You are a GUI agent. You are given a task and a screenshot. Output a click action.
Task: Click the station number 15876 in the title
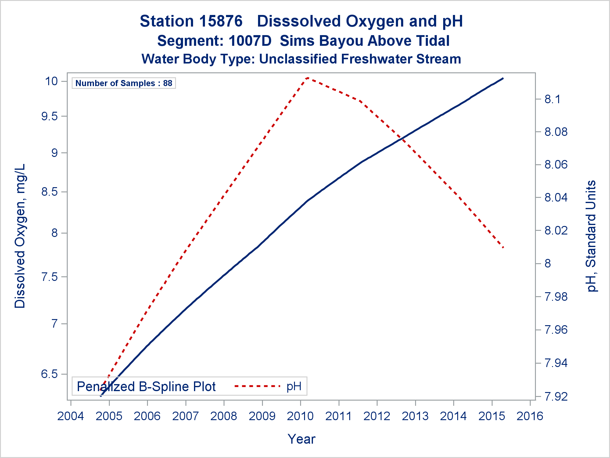point(221,21)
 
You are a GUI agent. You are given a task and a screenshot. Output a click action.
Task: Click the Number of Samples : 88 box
point(124,83)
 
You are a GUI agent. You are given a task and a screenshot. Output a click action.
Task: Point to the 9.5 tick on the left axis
point(50,116)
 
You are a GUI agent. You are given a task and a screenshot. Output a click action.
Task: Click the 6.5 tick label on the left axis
point(50,374)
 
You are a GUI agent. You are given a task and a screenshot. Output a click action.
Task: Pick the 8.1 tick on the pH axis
point(552,99)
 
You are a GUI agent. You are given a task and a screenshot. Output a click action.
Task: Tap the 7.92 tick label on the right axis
point(556,397)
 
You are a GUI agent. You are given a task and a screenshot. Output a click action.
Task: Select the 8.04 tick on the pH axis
point(556,198)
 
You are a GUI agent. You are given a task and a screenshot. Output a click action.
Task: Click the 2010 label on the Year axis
point(300,416)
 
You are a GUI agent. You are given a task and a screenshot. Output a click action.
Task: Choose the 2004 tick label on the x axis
point(71,416)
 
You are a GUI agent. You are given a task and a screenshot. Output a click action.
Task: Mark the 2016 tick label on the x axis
point(530,416)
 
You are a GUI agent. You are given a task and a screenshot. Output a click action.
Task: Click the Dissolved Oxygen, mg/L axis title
point(20,236)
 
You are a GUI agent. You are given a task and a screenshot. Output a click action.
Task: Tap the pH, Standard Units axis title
point(591,236)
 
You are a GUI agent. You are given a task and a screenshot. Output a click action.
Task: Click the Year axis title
point(301,439)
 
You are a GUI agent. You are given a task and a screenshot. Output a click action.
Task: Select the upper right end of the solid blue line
point(503,78)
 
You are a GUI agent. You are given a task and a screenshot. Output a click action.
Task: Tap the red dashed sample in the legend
point(257,386)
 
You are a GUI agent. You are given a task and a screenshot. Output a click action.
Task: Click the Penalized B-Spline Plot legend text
point(146,387)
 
